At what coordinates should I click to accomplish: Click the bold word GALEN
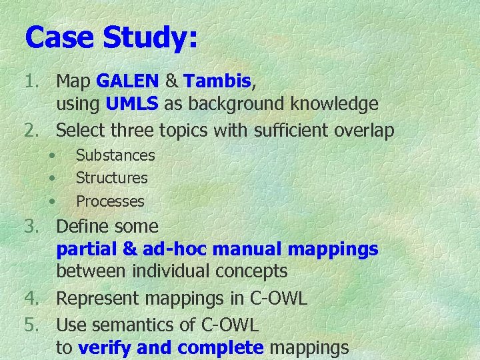127,81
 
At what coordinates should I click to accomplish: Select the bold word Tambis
217,81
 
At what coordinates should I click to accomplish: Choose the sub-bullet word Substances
115,155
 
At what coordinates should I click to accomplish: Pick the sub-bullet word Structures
112,178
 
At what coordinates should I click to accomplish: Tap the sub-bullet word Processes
110,201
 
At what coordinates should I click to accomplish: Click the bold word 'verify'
101,347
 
